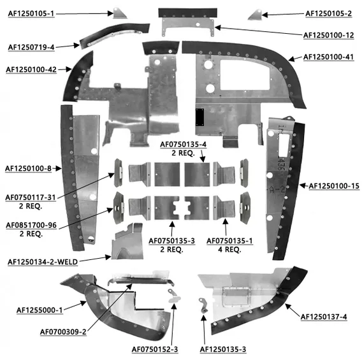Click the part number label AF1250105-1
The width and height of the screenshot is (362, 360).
click(31, 13)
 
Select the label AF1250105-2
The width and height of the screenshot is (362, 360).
click(328, 13)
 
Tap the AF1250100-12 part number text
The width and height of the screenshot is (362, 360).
click(328, 35)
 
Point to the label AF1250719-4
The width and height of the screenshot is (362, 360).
click(31, 47)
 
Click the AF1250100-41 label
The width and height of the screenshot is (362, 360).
click(328, 57)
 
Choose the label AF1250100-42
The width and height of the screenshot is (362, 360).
click(31, 69)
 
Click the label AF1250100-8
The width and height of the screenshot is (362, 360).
click(28, 169)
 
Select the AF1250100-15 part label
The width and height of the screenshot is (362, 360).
click(334, 186)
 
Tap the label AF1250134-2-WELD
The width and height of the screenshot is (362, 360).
click(43, 262)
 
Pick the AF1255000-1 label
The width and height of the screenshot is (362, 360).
click(40, 310)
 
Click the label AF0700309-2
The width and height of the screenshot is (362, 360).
click(63, 332)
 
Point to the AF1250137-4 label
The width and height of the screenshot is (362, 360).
click(324, 317)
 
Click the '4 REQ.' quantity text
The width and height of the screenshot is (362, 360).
click(229, 250)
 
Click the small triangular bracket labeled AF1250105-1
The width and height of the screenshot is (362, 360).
click(120, 13)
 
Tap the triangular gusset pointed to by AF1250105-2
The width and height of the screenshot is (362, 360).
click(256, 15)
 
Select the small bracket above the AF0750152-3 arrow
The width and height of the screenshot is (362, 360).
click(174, 296)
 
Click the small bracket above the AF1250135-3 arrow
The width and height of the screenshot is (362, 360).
click(203, 305)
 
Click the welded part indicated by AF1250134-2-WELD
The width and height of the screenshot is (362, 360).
click(127, 241)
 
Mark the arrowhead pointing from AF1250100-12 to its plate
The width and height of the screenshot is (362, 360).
click(218, 27)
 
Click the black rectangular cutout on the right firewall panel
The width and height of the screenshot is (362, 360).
click(199, 117)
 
